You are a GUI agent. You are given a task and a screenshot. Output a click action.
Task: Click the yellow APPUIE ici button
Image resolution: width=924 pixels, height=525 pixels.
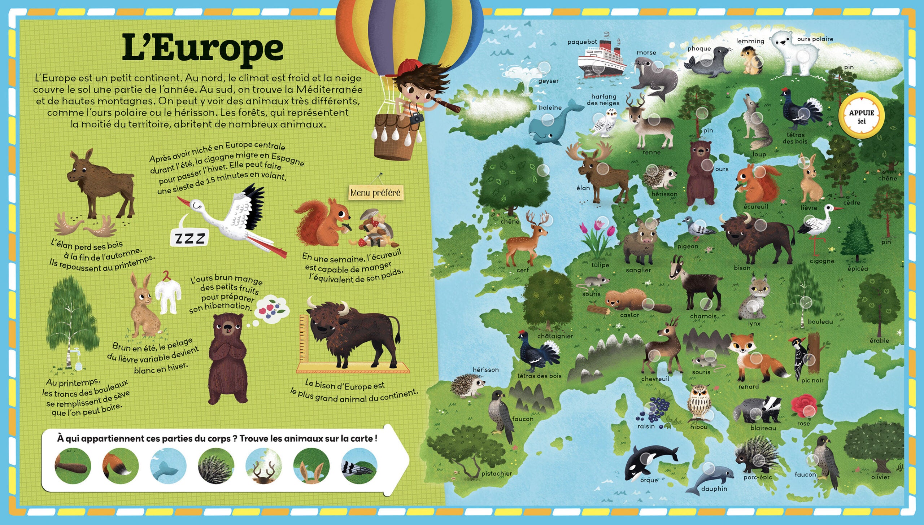862,117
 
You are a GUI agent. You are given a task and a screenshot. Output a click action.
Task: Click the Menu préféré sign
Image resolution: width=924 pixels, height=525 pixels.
375,192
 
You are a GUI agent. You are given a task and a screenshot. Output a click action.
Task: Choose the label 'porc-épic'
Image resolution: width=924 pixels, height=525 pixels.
758,477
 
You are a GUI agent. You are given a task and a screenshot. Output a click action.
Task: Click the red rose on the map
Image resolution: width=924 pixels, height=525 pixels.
805,405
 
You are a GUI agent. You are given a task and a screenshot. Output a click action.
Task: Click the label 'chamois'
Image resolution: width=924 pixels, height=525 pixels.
703,316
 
